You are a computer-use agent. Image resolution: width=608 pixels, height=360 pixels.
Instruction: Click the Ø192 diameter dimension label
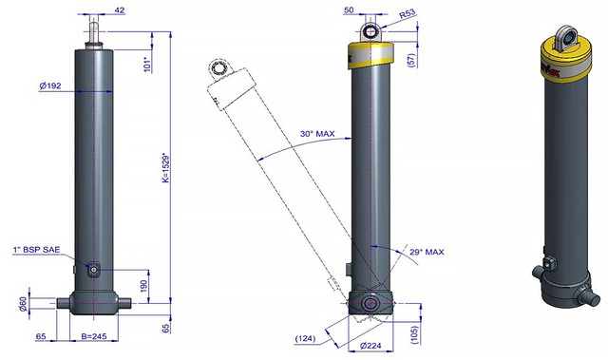pos(50,85)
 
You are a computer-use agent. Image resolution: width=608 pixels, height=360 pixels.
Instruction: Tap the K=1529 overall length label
pos(166,169)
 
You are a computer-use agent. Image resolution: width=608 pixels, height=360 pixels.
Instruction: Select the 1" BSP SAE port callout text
pos(36,250)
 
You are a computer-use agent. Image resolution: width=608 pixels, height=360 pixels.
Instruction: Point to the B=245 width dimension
pos(94,336)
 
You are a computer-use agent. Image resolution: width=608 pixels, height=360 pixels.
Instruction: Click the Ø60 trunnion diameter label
pos(23,304)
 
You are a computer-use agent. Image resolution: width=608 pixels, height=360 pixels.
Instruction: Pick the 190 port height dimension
pos(143,286)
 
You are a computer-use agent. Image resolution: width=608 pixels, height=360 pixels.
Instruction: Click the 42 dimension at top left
pos(120,10)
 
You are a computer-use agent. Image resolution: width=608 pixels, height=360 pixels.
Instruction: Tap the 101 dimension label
pos(147,65)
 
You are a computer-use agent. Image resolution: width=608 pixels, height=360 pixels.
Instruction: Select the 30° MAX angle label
pos(317,134)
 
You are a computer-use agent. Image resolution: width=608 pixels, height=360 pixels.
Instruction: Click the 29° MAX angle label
pos(427,252)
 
